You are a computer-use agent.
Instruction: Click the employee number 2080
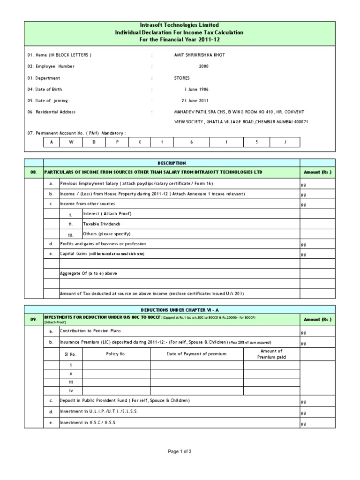(203, 67)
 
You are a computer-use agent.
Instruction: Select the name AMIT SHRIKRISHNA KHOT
(199, 55)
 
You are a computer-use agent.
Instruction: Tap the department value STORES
(182, 78)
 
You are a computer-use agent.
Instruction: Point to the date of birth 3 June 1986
(196, 90)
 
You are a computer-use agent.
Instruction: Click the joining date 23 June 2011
(195, 101)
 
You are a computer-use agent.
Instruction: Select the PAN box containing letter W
(73, 142)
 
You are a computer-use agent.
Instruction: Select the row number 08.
(33, 172)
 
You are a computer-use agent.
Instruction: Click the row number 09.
(33, 320)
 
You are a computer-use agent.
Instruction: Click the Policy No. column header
(116, 354)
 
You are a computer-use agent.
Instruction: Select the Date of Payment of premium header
(196, 354)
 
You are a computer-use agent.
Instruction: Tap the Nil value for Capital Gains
(303, 255)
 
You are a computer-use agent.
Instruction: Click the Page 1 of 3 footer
(180, 451)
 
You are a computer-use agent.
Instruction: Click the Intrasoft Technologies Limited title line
(180, 25)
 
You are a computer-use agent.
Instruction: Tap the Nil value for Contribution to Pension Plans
(303, 332)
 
